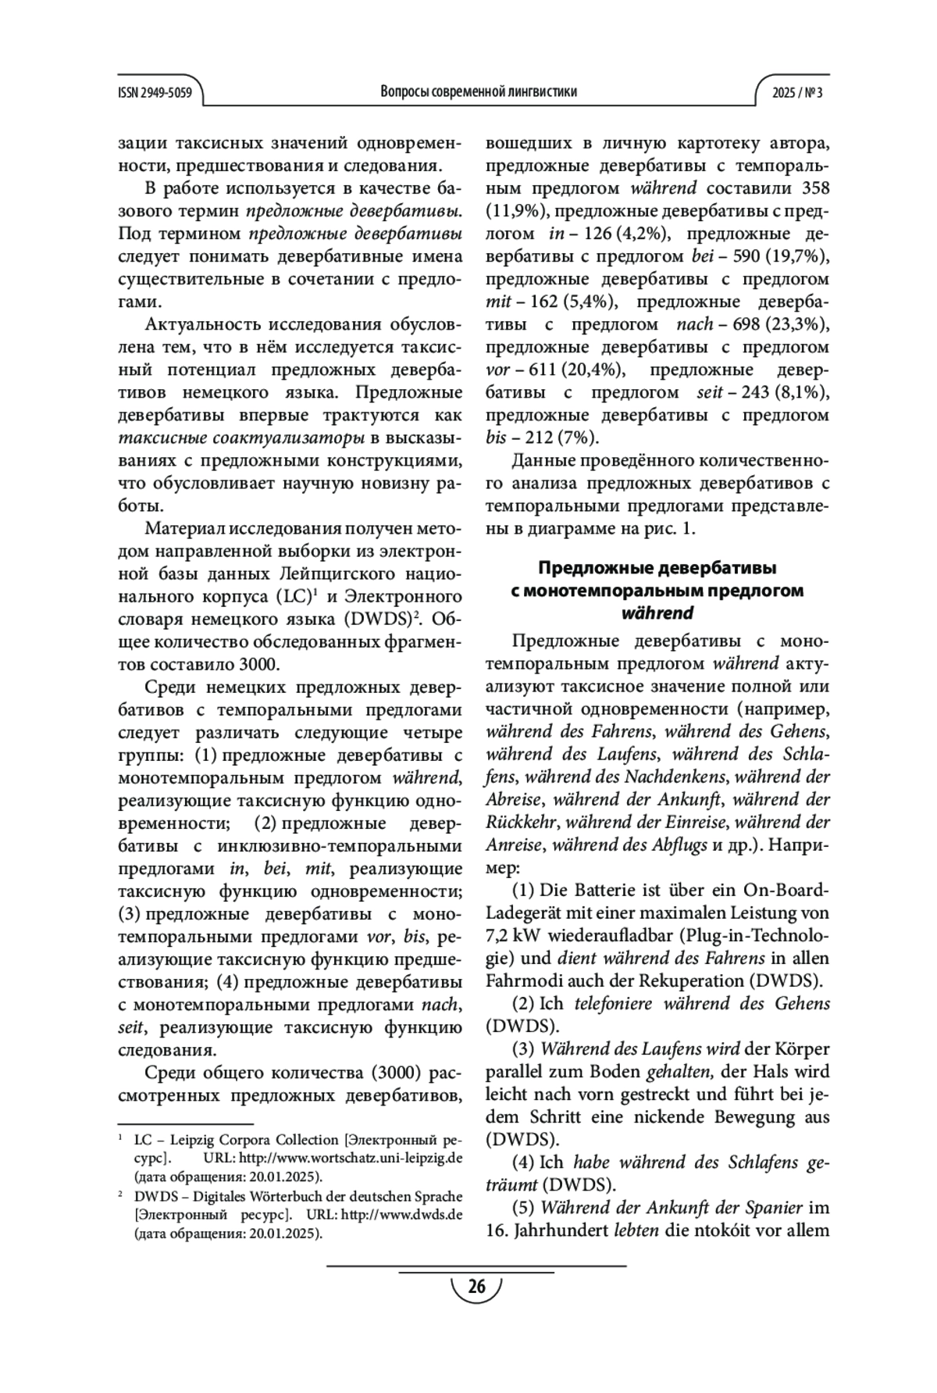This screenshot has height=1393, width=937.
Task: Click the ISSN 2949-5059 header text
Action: (x=155, y=91)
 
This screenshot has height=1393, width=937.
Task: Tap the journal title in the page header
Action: (x=479, y=91)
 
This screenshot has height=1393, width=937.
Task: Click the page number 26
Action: (x=476, y=1287)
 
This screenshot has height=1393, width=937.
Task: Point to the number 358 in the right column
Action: (x=813, y=188)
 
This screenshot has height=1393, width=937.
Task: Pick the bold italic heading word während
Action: (x=657, y=613)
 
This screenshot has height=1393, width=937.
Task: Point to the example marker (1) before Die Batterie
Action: (x=524, y=890)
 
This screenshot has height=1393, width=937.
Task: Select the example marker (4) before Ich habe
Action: (x=524, y=1162)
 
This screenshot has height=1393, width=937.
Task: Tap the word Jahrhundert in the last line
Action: (x=567, y=1230)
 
